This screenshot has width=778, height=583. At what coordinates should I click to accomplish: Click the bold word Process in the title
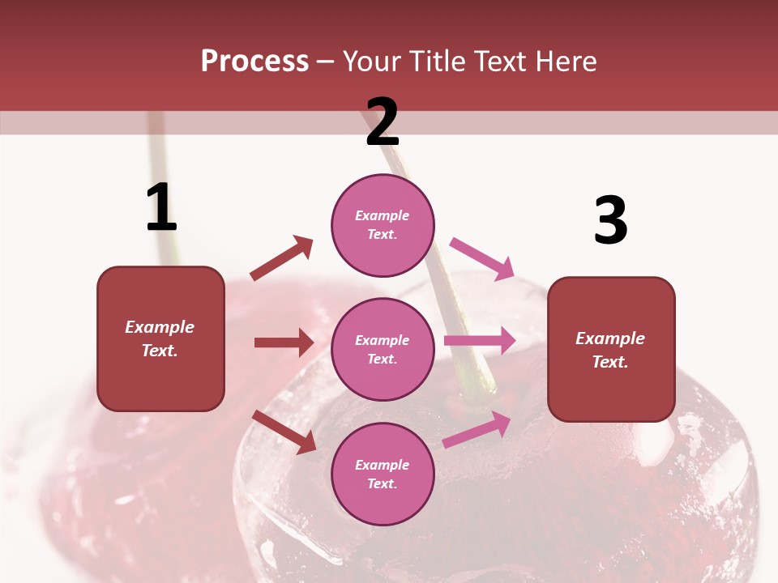pos(254,62)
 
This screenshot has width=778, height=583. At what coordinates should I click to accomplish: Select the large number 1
pos(161,207)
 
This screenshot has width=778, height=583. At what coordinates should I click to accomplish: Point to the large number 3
pos(610,220)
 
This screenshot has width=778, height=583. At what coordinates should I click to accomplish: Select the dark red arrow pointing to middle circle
pos(284,343)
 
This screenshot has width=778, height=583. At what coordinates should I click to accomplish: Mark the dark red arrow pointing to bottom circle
pos(284,432)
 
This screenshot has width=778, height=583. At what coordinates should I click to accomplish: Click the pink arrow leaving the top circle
pos(481,258)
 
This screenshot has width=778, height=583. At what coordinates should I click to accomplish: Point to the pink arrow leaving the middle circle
pos(480,341)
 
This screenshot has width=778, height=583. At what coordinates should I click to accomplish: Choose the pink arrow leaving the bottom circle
pos(477,430)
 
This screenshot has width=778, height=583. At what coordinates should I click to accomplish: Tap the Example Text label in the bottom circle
pos(383,474)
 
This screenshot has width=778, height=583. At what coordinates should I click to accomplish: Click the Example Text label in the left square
pos(160,338)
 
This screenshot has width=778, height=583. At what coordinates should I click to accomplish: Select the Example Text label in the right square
pos(611,350)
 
